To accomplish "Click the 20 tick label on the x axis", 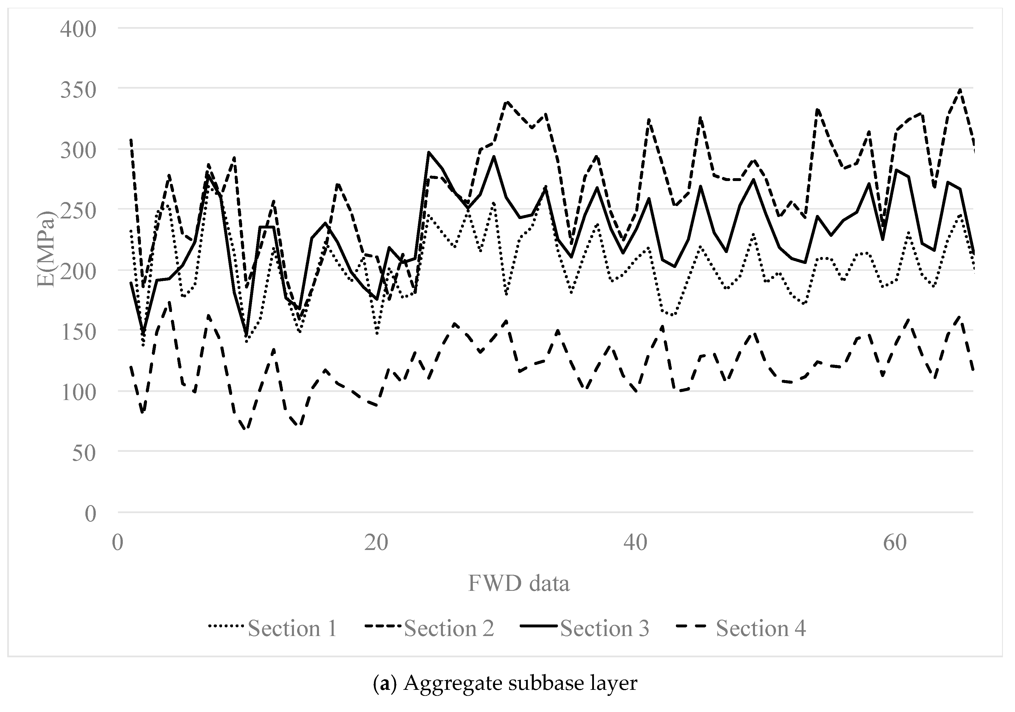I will point(376,542).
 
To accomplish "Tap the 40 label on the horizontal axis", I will point(635,542).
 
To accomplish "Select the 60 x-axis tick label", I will point(895,542).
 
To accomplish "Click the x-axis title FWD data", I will point(519,583).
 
